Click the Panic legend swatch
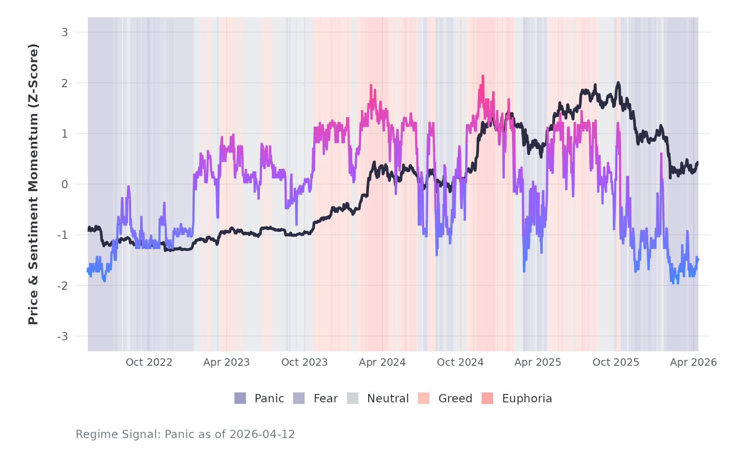240,398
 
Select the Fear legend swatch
299,398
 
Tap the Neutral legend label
388,399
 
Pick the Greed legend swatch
424,398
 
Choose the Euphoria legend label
527,399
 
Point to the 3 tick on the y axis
64,32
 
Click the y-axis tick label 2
64,83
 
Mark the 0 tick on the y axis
64,184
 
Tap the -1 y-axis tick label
62,235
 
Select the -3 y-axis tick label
62,337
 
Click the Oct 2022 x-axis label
149,362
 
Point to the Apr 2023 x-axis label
227,362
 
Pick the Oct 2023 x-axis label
305,362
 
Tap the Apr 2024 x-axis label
382,362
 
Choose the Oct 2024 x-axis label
460,362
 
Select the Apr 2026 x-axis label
693,362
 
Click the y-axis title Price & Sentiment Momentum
33,184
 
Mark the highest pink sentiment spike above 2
483,76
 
